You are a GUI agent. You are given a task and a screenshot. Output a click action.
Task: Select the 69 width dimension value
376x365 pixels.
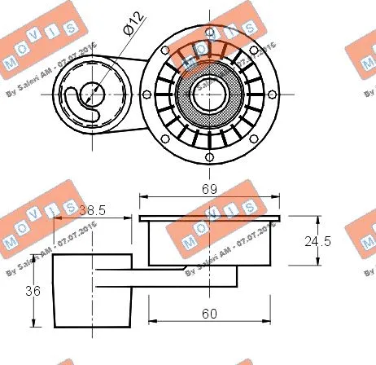(x=210, y=189)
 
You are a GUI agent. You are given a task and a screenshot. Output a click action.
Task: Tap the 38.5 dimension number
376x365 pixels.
(x=91, y=209)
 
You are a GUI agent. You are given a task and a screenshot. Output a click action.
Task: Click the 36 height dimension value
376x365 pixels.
(x=33, y=291)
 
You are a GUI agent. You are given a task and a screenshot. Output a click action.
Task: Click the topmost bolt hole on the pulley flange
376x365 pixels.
(x=210, y=22)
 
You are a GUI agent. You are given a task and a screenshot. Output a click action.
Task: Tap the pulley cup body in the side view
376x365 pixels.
(x=209, y=243)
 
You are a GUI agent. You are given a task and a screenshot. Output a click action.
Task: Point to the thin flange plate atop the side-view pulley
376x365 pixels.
(x=210, y=218)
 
